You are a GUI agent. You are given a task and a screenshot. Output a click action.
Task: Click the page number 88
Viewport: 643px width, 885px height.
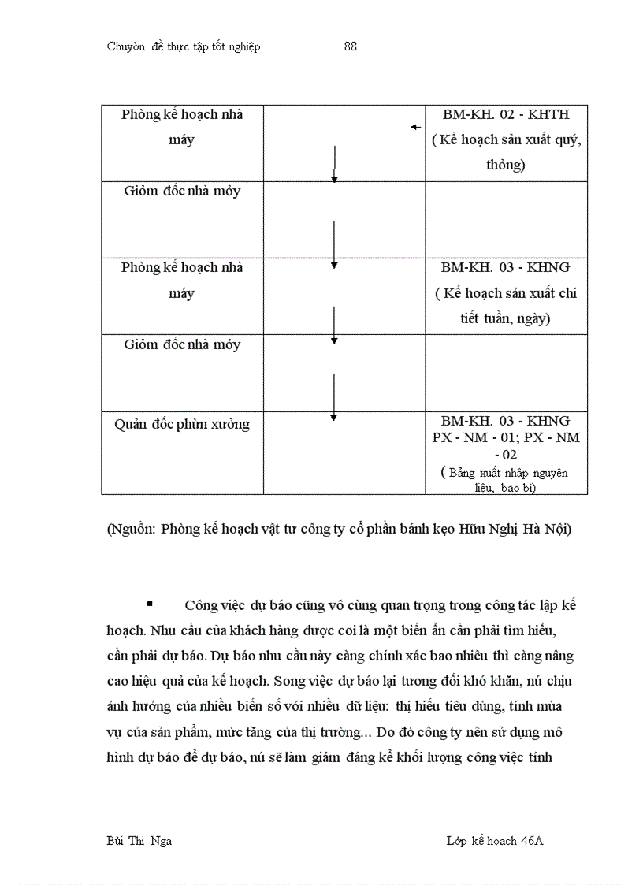pos(351,46)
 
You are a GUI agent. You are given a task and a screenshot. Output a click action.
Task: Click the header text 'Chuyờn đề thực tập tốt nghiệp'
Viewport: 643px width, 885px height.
pos(184,46)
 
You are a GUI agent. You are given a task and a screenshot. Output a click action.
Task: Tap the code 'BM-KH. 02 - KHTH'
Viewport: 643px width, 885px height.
pos(506,114)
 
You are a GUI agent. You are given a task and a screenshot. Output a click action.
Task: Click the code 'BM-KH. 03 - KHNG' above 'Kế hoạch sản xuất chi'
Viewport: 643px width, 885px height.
pos(506,267)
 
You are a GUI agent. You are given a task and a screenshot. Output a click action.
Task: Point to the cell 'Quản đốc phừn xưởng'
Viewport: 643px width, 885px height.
pos(182,424)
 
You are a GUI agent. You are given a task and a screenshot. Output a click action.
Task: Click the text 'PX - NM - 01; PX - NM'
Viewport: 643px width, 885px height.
pos(506,437)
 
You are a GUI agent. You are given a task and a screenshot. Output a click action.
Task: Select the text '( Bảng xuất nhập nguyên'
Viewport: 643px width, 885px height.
pos(504,473)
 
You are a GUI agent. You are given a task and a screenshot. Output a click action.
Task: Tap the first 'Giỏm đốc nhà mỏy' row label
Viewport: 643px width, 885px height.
pos(182,191)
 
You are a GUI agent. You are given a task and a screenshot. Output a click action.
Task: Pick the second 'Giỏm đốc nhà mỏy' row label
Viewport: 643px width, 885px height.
pos(182,344)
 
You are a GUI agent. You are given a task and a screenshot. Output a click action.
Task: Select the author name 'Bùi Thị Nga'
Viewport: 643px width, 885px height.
pos(139,840)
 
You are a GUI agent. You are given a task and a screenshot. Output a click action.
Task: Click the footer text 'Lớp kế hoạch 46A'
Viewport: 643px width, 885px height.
pos(494,840)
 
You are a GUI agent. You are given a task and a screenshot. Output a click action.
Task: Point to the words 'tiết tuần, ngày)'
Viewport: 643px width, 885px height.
pos(506,319)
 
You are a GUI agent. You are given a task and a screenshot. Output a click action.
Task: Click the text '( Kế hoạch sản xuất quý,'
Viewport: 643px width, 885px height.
pos(506,140)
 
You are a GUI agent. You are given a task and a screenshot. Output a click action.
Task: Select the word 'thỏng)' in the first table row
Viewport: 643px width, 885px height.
pos(506,165)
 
